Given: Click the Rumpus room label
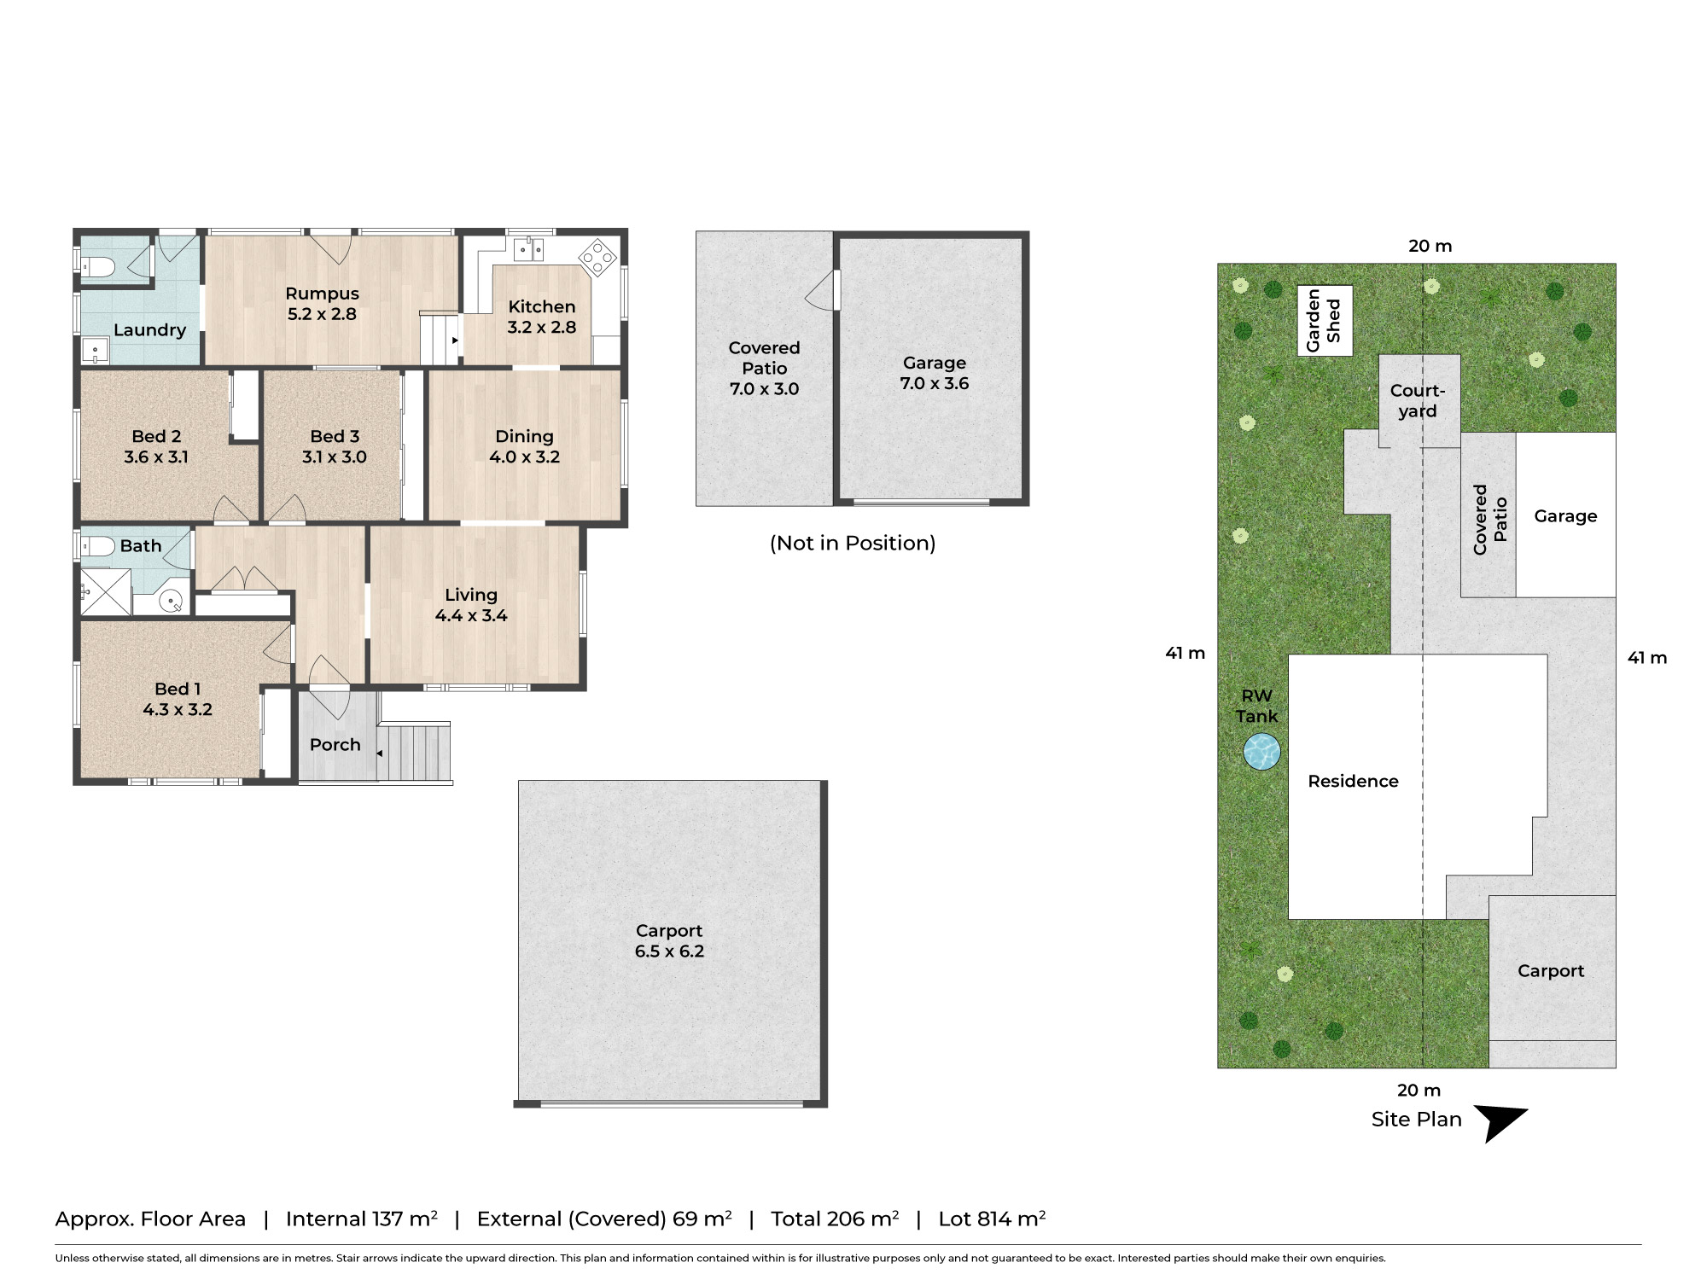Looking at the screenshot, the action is (323, 294).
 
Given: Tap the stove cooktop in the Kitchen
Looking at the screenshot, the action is (598, 257).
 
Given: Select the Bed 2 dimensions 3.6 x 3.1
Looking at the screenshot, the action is (156, 457).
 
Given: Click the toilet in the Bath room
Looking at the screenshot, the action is (97, 546).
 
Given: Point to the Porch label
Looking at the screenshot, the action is (335, 745).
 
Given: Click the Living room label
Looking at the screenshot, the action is (471, 595).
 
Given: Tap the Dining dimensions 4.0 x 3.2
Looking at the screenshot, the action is (525, 457).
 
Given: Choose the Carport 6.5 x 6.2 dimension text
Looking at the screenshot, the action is (669, 951).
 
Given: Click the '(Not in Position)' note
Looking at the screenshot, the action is (853, 544).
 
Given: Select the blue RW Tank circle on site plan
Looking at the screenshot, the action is (1261, 753).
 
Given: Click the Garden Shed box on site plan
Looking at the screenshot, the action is (1325, 321).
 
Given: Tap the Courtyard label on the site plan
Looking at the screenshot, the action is (1418, 401).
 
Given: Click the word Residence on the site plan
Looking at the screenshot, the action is (1354, 782).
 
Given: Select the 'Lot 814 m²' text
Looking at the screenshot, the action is (992, 1219).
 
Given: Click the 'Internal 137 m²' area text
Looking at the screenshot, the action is (362, 1219).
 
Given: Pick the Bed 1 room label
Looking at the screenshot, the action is (178, 689).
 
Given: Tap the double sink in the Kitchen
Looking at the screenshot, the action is (528, 249).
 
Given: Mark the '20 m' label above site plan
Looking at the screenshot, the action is (1430, 247).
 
